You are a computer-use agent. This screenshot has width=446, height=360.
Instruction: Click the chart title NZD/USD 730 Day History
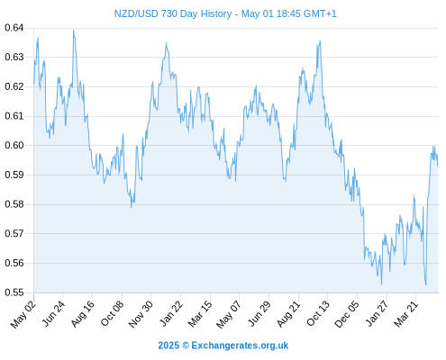[x=173, y=13]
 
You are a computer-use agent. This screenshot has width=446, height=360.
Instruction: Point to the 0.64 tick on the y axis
[x=14, y=28]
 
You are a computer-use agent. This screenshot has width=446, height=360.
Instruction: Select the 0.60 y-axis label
[x=14, y=145]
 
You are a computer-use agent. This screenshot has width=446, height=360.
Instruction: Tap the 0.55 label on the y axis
[x=14, y=292]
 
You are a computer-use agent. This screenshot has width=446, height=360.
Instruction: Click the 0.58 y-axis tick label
[x=14, y=204]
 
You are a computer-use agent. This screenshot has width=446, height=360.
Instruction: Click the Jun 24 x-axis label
[x=53, y=314]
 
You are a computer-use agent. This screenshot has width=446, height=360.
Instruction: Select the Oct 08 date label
[x=112, y=314]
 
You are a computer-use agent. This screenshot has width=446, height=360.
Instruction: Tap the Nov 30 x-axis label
[x=141, y=314]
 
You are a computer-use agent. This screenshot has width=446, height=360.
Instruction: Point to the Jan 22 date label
[x=171, y=313]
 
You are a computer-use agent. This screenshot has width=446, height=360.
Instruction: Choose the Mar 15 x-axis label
[x=200, y=314]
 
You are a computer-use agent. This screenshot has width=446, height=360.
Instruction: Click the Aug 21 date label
[x=288, y=314]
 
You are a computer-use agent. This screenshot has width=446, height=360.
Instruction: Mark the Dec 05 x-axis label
[x=347, y=314]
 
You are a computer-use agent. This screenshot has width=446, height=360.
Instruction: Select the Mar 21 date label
[x=405, y=314]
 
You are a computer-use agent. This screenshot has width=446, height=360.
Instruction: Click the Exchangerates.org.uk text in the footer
[x=240, y=346]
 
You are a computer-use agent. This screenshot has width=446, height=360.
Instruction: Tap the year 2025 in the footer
[x=168, y=346]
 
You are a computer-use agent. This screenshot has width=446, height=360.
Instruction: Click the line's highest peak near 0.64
[x=73, y=30]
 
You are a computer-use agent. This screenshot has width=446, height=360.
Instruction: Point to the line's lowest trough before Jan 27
[x=381, y=284]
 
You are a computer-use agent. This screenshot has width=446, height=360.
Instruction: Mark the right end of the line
[x=438, y=165]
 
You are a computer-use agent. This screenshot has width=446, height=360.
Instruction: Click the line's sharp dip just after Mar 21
[x=426, y=284]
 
